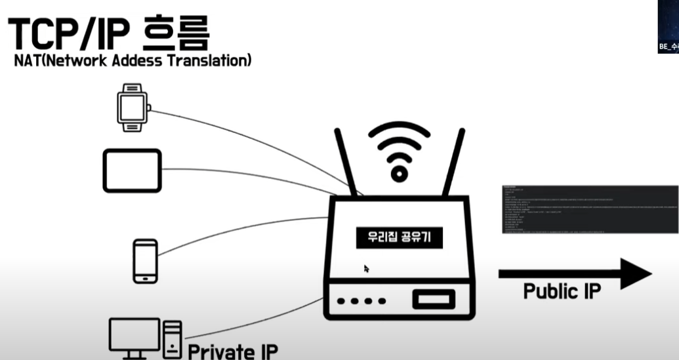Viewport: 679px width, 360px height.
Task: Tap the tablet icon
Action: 132,170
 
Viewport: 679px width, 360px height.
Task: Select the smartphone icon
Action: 145,261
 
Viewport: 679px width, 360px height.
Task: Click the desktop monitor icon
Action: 134,335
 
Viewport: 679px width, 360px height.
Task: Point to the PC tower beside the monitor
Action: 173,338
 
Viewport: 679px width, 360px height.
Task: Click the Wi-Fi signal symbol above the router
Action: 399,151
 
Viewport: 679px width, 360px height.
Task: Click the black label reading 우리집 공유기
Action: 400,237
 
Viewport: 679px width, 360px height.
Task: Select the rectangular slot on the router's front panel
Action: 432,300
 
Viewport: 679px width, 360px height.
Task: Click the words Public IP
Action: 562,291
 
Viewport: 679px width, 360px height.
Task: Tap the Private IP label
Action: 233,351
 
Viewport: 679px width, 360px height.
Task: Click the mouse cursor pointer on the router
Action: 366,268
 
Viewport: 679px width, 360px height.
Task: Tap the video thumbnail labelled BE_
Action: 669,26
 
